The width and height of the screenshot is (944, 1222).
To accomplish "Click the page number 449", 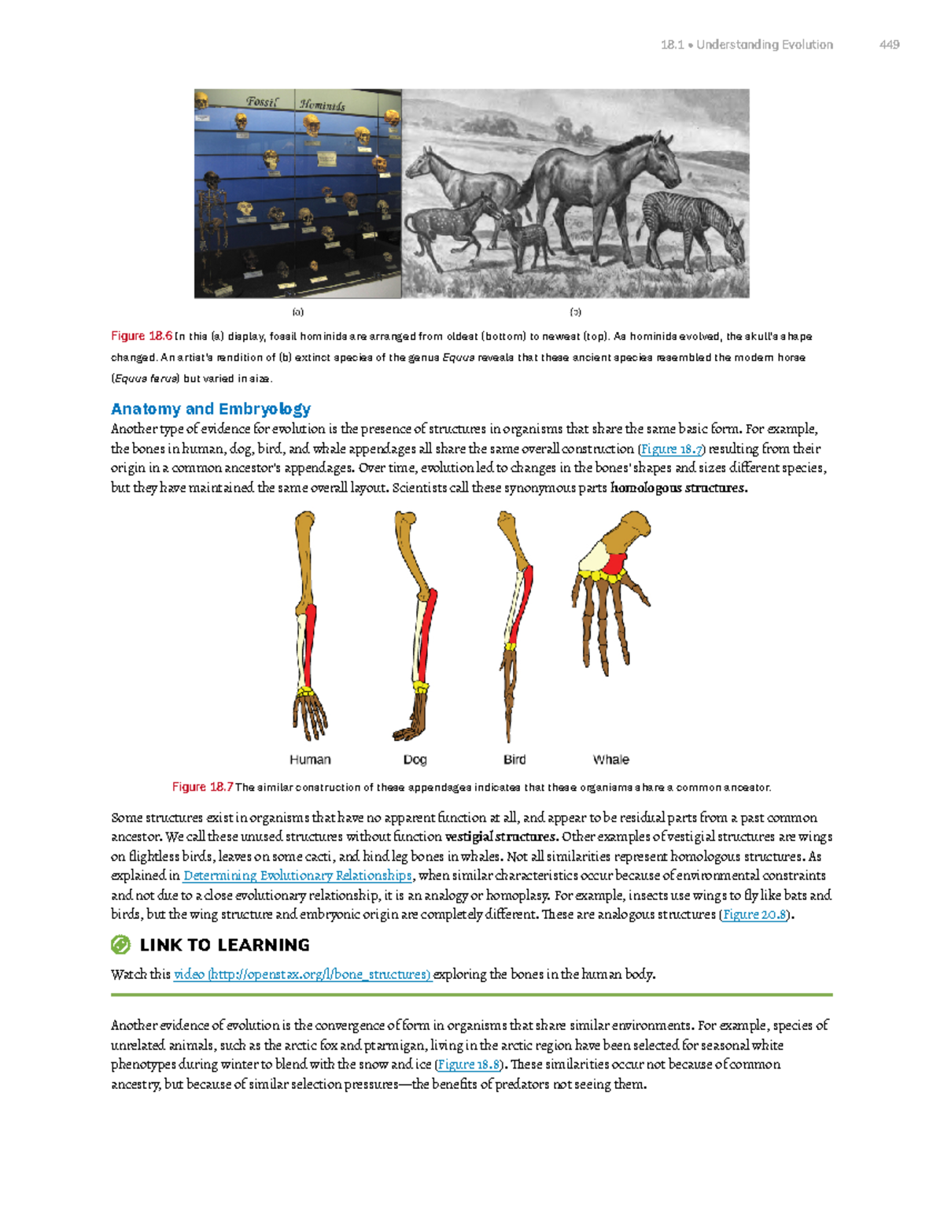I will click(889, 45).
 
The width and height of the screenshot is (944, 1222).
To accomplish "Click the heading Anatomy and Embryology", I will click(211, 409).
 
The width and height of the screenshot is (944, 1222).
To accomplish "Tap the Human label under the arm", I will click(310, 759).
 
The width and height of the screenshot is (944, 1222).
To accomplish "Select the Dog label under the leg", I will click(415, 759).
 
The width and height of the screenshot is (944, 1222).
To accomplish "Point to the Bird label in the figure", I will click(514, 759).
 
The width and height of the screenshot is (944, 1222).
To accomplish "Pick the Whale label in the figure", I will click(610, 759).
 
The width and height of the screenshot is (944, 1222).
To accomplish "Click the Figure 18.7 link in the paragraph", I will click(671, 449).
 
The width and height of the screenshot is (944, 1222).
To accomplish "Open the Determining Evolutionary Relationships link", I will click(297, 876).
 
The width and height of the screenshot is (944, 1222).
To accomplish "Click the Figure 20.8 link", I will click(754, 914).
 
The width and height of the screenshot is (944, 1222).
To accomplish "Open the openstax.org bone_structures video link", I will click(303, 974).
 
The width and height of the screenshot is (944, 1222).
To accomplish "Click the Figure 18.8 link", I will click(469, 1065).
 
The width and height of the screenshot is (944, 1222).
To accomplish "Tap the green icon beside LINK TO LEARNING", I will click(120, 945).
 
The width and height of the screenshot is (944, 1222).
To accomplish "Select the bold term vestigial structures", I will click(501, 837).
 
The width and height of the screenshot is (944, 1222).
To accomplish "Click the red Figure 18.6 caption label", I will click(142, 336).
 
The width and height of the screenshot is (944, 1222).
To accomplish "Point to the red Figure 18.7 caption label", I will click(202, 787).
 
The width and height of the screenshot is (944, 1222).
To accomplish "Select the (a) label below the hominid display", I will click(298, 312).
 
